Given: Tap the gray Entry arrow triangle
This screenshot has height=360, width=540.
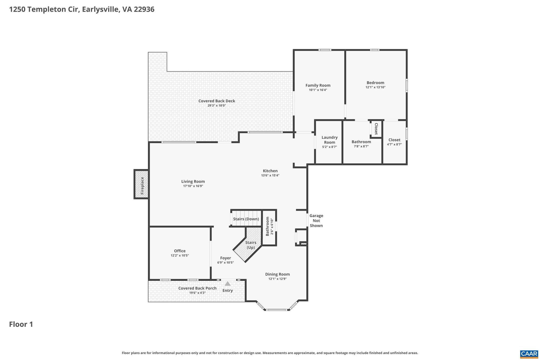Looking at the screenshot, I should click(228, 284).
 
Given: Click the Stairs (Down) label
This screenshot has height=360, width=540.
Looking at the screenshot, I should click(246, 219).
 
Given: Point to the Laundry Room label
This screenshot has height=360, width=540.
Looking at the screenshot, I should click(329, 140).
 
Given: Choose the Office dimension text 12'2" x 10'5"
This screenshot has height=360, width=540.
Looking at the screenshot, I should click(180, 255).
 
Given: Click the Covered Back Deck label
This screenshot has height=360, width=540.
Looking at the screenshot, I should click(216, 101).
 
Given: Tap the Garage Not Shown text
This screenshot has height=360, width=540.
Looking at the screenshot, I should click(316, 220).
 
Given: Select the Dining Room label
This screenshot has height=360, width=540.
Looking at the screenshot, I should click(277, 274).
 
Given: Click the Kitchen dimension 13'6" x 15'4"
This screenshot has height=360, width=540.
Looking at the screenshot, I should click(270, 175).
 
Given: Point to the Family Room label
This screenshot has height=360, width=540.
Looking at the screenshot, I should click(318, 85).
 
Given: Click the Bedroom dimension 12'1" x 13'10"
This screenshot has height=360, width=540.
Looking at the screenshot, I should click(375, 87).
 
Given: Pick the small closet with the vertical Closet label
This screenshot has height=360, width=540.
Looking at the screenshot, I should click(376, 129).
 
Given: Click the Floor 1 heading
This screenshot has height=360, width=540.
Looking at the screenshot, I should click(21, 324).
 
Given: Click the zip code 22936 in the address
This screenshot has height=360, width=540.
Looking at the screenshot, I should click(144, 9).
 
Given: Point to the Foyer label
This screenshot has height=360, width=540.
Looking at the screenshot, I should click(225, 258).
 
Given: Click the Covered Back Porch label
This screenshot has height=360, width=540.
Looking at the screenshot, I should click(197, 288).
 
